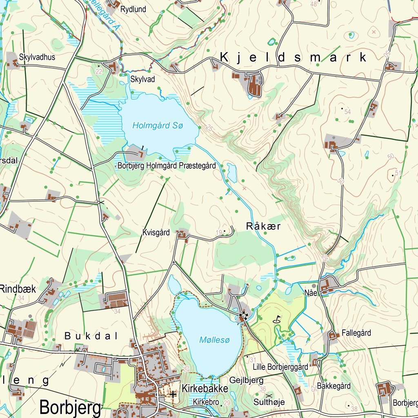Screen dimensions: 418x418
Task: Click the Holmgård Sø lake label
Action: point(158,126)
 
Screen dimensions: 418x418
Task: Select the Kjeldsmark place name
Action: point(293,58)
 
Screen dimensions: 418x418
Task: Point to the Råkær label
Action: point(263,226)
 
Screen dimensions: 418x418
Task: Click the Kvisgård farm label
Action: point(156,233)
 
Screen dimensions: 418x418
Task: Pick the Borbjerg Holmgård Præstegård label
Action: point(167,166)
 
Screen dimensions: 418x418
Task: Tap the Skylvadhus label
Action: point(37,57)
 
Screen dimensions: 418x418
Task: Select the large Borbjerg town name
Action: point(70,407)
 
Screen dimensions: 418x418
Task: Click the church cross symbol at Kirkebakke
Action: point(173,394)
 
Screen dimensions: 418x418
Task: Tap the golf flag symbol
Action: point(278,318)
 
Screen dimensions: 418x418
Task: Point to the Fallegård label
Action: point(356,333)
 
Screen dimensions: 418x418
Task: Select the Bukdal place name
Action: point(91,336)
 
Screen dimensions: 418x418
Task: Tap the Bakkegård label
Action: point(334,386)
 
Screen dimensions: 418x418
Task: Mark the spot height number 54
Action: point(348,112)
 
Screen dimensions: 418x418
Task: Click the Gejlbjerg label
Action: point(246,380)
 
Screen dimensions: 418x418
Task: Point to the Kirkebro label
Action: point(206,402)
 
